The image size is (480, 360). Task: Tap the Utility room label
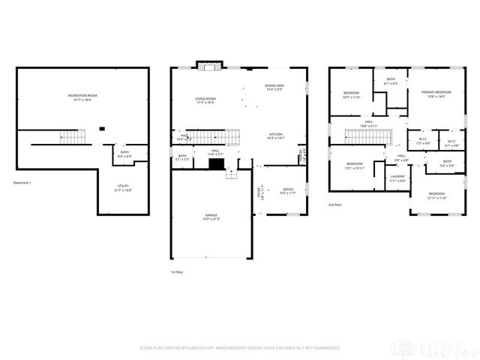click(x=123, y=187)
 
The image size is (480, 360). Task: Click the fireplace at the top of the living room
click(x=206, y=65)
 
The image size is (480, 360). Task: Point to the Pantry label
click(x=302, y=157)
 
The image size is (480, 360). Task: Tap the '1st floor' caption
click(x=177, y=271)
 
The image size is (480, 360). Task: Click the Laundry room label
click(x=397, y=178)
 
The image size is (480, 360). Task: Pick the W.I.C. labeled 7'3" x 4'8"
click(x=422, y=141)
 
